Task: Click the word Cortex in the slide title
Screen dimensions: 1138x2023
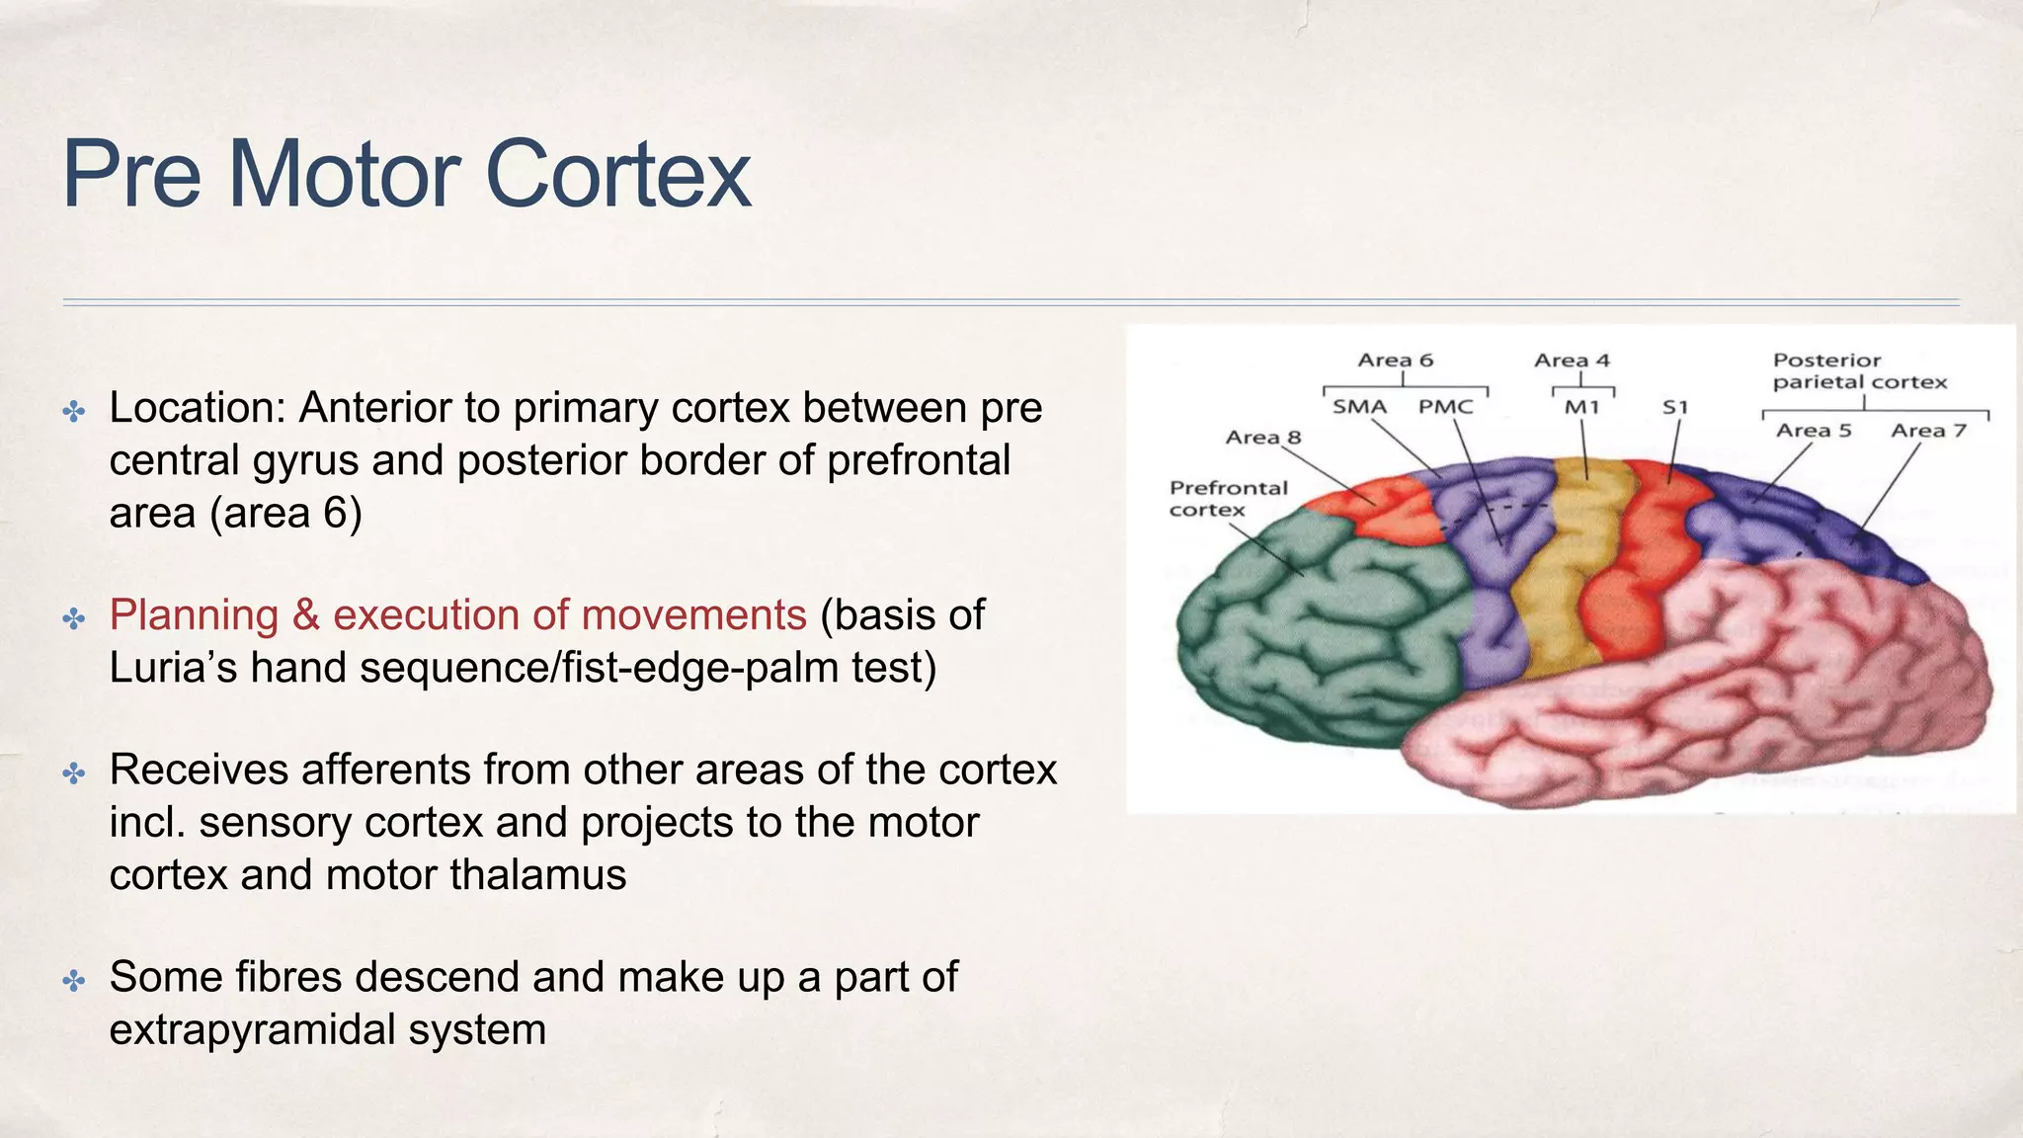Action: [617, 175]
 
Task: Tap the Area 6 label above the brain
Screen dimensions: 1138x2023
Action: [1395, 361]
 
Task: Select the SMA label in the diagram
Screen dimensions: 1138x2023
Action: [1359, 407]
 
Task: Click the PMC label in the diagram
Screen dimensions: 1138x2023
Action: [1445, 407]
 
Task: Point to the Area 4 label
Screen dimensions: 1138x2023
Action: [1572, 361]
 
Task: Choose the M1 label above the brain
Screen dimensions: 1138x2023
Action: [1581, 407]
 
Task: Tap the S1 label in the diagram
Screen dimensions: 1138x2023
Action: [1675, 407]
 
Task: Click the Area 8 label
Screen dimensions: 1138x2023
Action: [1262, 438]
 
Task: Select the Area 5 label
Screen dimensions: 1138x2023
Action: [1814, 431]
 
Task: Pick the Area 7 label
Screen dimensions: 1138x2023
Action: [1928, 431]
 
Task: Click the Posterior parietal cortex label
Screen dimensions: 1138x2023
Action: [1859, 371]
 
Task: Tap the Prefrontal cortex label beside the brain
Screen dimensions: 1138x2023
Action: [1228, 499]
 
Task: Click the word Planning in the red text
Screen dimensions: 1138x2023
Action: [194, 615]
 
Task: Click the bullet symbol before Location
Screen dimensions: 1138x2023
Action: [74, 411]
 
